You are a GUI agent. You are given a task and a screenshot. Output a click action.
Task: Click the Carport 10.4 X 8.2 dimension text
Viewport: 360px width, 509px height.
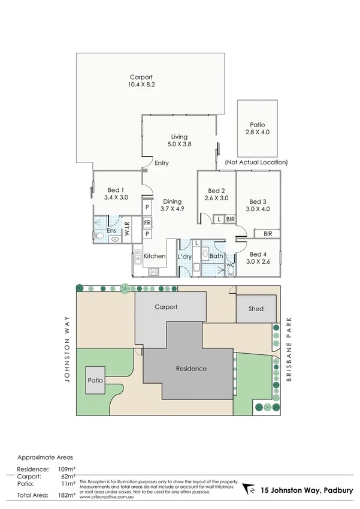(x=141, y=86)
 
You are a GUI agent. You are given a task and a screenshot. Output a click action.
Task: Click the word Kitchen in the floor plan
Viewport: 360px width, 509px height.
(x=155, y=256)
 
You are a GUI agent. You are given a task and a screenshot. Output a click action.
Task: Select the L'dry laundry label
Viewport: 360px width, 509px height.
(x=185, y=257)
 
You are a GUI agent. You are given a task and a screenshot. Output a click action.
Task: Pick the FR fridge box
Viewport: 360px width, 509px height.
(x=147, y=221)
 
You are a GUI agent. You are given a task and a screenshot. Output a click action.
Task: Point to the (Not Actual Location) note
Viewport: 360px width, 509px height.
(x=256, y=162)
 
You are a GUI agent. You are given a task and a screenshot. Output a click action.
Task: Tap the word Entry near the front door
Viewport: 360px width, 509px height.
(x=162, y=163)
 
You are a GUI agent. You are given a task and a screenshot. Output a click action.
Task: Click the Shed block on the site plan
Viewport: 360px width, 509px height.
(x=256, y=309)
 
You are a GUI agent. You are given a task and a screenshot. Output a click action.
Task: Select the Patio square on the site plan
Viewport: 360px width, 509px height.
(x=95, y=380)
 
